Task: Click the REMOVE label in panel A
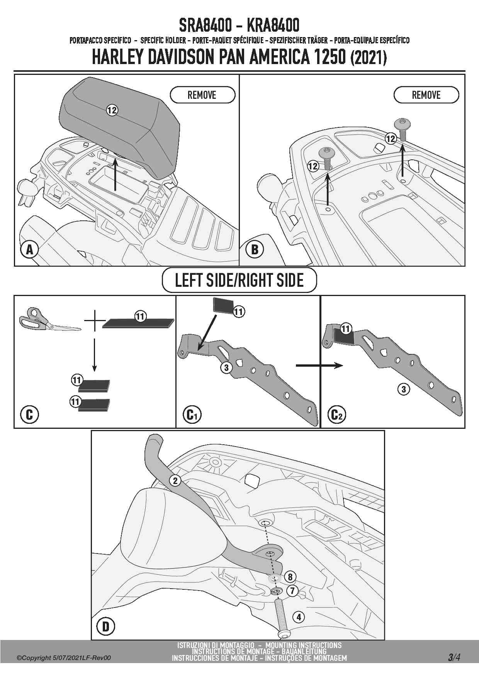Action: (202, 95)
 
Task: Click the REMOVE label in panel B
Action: (426, 95)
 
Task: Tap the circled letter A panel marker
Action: (29, 250)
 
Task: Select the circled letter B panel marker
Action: (255, 250)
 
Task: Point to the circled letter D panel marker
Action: (105, 626)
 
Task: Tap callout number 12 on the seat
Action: (112, 110)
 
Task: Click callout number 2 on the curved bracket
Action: (175, 481)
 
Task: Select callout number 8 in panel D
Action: (290, 577)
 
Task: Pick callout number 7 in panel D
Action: (292, 591)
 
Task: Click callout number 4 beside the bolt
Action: (299, 617)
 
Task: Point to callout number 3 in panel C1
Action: (227, 367)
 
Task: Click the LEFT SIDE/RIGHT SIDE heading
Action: (239, 280)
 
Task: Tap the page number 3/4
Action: (454, 657)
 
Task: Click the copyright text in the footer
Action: (64, 658)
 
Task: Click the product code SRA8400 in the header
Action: (205, 25)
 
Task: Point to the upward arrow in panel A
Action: (115, 176)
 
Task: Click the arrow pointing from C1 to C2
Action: (319, 366)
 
